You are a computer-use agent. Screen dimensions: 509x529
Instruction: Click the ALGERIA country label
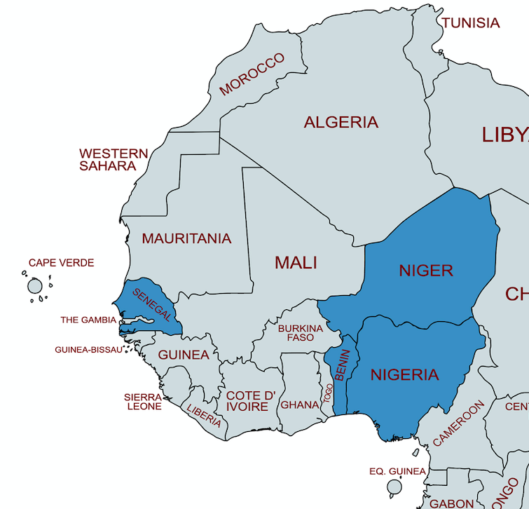tap(341, 123)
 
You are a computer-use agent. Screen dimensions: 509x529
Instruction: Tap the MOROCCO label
tap(252, 74)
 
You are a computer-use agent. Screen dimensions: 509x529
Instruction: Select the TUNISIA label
tap(471, 23)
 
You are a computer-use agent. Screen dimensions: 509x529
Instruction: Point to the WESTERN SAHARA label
tap(113, 160)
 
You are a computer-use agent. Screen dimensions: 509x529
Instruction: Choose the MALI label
tap(296, 263)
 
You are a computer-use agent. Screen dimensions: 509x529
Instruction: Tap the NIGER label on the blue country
tap(426, 271)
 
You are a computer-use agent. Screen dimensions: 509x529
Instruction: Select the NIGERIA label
tap(404, 375)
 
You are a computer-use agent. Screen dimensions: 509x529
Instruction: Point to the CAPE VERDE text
tap(61, 263)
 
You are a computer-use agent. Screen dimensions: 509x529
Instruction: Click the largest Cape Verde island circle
tap(35, 286)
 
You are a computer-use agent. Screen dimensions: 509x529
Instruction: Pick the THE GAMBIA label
tap(88, 320)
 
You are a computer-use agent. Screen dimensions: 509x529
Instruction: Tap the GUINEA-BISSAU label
tap(88, 350)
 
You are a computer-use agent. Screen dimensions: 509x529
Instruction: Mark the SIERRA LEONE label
tap(143, 401)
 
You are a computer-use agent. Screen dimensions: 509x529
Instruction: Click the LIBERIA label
tap(204, 414)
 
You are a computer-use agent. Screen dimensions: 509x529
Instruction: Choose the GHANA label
tap(300, 405)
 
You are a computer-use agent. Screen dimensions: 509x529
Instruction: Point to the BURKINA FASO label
tap(301, 333)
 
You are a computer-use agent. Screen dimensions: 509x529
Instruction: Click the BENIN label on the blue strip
tap(342, 365)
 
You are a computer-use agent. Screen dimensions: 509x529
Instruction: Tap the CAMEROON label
tap(458, 423)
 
